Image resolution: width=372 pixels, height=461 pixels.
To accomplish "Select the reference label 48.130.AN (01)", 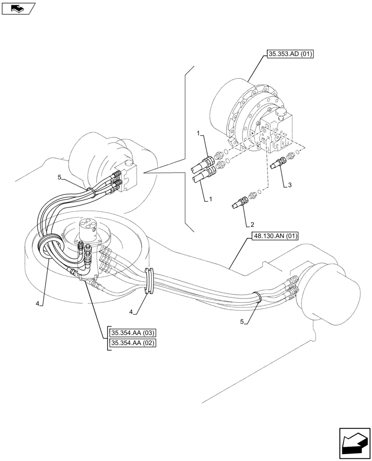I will click(275, 237).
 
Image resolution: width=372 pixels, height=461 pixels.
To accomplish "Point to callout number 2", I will click(252, 225).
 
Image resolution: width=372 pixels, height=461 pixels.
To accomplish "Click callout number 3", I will click(290, 185).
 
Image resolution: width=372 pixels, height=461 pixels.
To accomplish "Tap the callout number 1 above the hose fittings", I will click(198, 133).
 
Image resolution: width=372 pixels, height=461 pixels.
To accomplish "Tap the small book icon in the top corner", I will click(17, 8).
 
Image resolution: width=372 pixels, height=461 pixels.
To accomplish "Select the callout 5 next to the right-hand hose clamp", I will click(243, 322).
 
